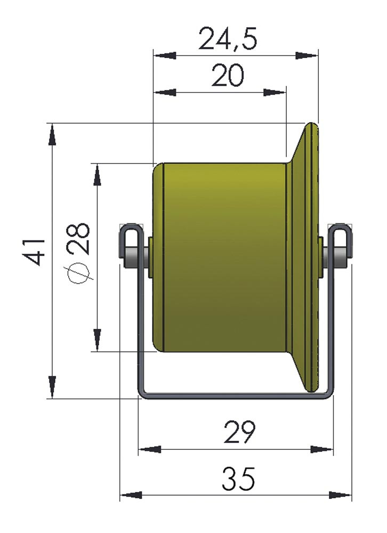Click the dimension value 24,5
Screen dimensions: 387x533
227,38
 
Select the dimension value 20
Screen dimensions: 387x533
228,75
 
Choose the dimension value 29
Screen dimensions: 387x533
239,432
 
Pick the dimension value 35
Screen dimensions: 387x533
238,479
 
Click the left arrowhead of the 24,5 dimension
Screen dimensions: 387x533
165,55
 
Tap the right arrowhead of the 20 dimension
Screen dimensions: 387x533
274,92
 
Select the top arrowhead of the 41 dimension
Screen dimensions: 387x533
52,135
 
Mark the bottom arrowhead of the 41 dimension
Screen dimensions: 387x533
52,387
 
